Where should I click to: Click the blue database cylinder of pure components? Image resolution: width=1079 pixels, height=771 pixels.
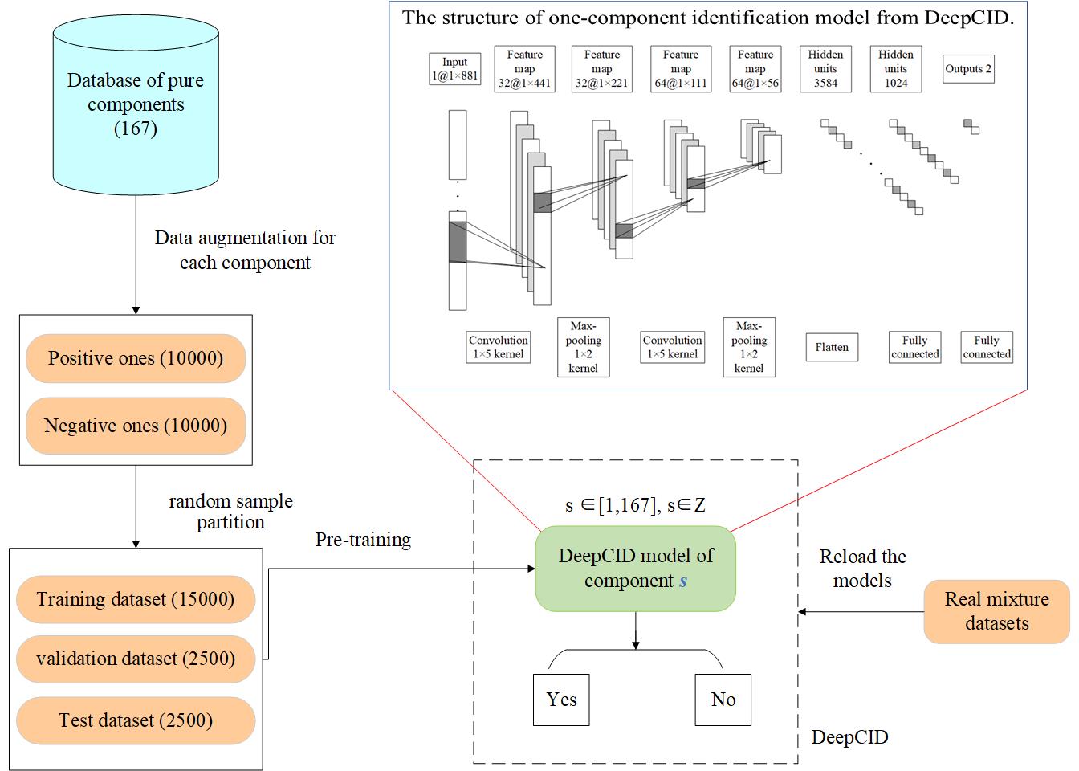pos(136,104)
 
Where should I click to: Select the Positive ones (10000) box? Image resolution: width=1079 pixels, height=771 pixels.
pos(136,358)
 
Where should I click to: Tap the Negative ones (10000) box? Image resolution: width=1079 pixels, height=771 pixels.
pos(136,426)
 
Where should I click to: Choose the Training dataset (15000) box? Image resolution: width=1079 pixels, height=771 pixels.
pos(136,599)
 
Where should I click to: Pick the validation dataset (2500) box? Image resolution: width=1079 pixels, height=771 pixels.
pos(136,659)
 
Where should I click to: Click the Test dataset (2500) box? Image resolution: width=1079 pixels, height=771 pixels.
pos(136,720)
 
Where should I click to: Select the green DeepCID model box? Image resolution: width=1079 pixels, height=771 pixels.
pos(636,569)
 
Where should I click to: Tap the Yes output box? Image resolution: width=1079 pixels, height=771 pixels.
pos(561,700)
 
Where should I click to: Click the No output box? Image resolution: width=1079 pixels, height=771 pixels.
pos(723,700)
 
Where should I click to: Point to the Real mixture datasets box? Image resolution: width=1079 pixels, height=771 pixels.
pos(996,611)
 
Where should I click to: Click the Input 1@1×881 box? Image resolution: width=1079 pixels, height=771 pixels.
pos(454,69)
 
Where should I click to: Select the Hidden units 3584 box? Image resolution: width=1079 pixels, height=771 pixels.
pos(825,69)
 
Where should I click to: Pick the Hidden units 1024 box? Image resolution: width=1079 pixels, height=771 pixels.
pos(896,69)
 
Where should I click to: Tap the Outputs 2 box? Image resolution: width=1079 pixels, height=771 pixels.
pos(967,69)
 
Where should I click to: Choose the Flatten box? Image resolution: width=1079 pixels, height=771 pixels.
pos(832,348)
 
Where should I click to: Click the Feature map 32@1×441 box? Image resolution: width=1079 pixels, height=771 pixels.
pos(524,69)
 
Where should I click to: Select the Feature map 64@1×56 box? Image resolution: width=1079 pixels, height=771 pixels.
pos(755,69)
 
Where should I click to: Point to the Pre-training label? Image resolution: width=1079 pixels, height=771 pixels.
pos(363,540)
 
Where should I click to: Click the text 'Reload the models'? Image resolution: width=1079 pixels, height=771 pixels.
pos(862,569)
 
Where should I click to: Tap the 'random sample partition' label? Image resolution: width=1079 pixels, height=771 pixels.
pos(230,512)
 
